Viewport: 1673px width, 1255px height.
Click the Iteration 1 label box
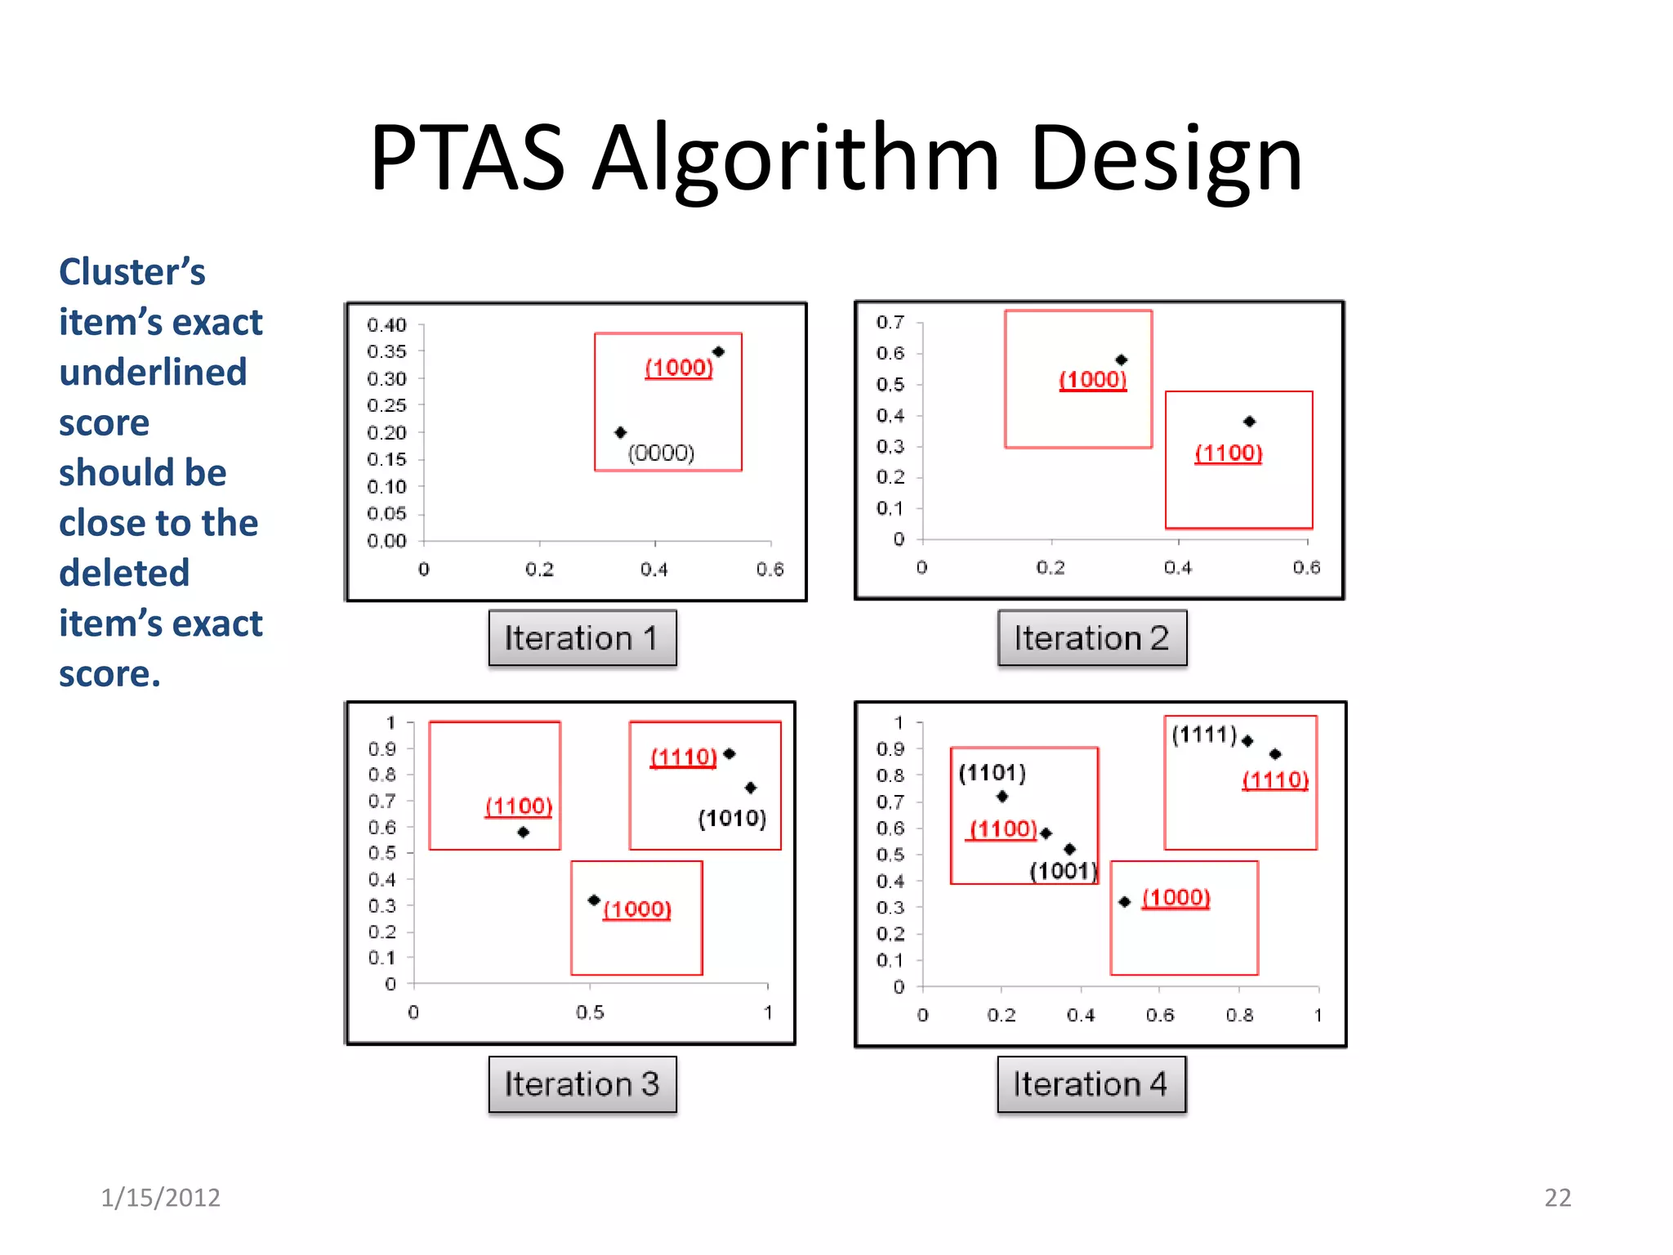[582, 638]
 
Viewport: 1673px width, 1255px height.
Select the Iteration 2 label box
[1091, 638]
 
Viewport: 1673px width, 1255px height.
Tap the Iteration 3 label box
[582, 1084]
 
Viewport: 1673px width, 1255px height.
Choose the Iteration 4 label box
[1091, 1084]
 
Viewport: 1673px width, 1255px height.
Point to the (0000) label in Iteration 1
[661, 453]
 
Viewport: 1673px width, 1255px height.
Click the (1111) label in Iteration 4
[1204, 735]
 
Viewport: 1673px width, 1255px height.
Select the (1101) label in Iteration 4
[992, 772]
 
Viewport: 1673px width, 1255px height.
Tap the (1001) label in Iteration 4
[1063, 871]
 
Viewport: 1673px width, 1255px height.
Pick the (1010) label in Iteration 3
[732, 818]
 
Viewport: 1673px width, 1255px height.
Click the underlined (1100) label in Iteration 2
[1228, 453]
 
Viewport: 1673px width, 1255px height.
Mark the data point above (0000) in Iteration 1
[621, 432]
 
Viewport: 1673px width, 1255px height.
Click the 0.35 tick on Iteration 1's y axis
[386, 351]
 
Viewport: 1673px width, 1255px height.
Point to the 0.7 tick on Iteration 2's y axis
[890, 322]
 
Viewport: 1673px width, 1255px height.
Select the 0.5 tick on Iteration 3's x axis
[590, 1012]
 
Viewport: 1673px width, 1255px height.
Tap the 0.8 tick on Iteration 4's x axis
[1239, 1015]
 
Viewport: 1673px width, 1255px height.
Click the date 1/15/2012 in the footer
[160, 1197]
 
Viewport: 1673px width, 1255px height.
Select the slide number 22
[1557, 1197]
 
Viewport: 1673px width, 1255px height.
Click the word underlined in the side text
[153, 373]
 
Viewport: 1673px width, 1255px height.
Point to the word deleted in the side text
[124, 573]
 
